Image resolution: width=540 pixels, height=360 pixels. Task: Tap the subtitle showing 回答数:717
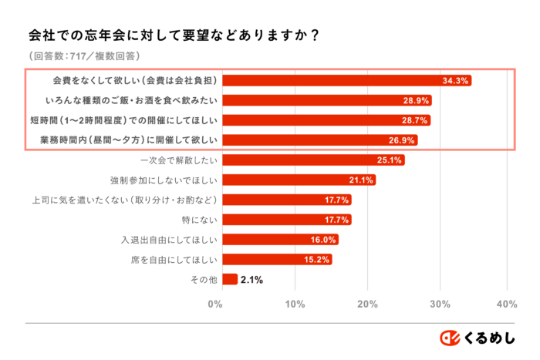(85, 56)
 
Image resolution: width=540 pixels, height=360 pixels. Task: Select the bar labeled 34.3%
(347, 80)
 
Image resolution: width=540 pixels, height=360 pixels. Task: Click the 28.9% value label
(416, 100)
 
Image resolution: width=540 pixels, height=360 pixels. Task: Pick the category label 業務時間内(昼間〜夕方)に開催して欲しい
(131, 140)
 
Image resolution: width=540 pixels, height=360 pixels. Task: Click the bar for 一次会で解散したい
(312, 160)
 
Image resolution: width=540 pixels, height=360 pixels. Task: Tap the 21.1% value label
(361, 180)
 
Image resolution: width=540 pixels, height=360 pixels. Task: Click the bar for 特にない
(286, 220)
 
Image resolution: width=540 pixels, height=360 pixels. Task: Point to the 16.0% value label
(322, 240)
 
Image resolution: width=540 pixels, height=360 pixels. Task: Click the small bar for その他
(229, 280)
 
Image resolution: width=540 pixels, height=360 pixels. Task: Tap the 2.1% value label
(251, 280)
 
